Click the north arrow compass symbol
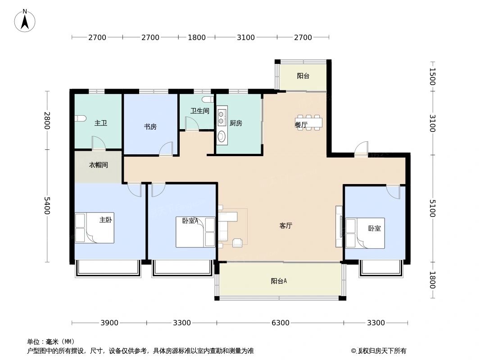[x=25, y=20]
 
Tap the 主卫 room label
[x=101, y=123]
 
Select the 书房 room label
[x=150, y=126]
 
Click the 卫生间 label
[x=199, y=111]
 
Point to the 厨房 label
[x=236, y=123]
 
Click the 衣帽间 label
[x=98, y=165]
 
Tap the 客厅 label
[x=286, y=226]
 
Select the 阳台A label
[x=279, y=281]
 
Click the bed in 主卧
[x=95, y=228]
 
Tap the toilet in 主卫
[x=80, y=118]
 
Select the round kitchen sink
[x=222, y=136]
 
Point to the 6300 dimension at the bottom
[x=280, y=323]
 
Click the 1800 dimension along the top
[x=196, y=37]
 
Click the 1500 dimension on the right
[x=432, y=76]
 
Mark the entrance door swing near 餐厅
[x=362, y=149]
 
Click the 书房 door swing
[x=167, y=149]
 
